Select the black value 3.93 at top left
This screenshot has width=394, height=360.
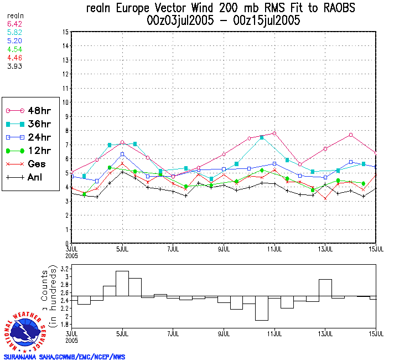coord(13,67)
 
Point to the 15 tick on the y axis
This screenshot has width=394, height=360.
coord(65,32)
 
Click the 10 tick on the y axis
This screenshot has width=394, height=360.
coord(65,102)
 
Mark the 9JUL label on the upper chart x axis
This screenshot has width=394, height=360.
coord(224,248)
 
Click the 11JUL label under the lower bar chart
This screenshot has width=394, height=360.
coord(275,335)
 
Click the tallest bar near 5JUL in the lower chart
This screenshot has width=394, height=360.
coord(122,284)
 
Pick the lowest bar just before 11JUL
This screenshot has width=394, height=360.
coord(262,308)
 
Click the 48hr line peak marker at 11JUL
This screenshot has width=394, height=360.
coord(274,133)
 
